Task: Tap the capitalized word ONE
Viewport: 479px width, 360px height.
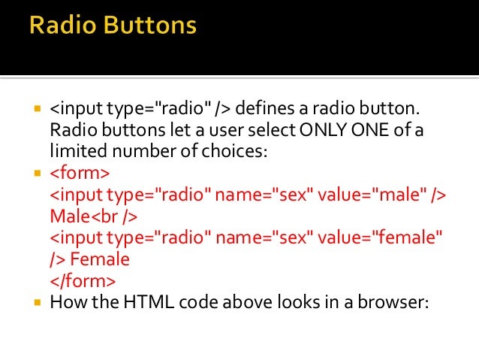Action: pyautogui.click(x=371, y=131)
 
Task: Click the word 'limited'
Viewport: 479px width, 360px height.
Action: pyautogui.click(x=74, y=152)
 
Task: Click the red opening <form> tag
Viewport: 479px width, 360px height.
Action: pyautogui.click(x=80, y=174)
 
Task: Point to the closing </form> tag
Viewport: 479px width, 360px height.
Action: pyautogui.click(x=83, y=282)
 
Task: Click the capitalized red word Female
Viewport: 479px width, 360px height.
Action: pyautogui.click(x=104, y=260)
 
